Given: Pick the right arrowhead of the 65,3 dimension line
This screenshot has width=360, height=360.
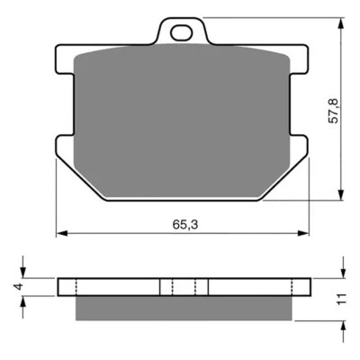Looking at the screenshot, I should pos(306,232).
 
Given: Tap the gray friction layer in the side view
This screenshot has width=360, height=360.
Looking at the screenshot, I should pos(184,308).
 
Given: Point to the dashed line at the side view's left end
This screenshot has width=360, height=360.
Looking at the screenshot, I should pos(76,287).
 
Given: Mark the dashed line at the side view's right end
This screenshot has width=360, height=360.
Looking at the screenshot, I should pos(292,287).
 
